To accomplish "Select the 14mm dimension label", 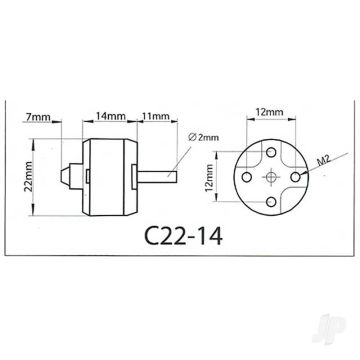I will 112,117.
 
